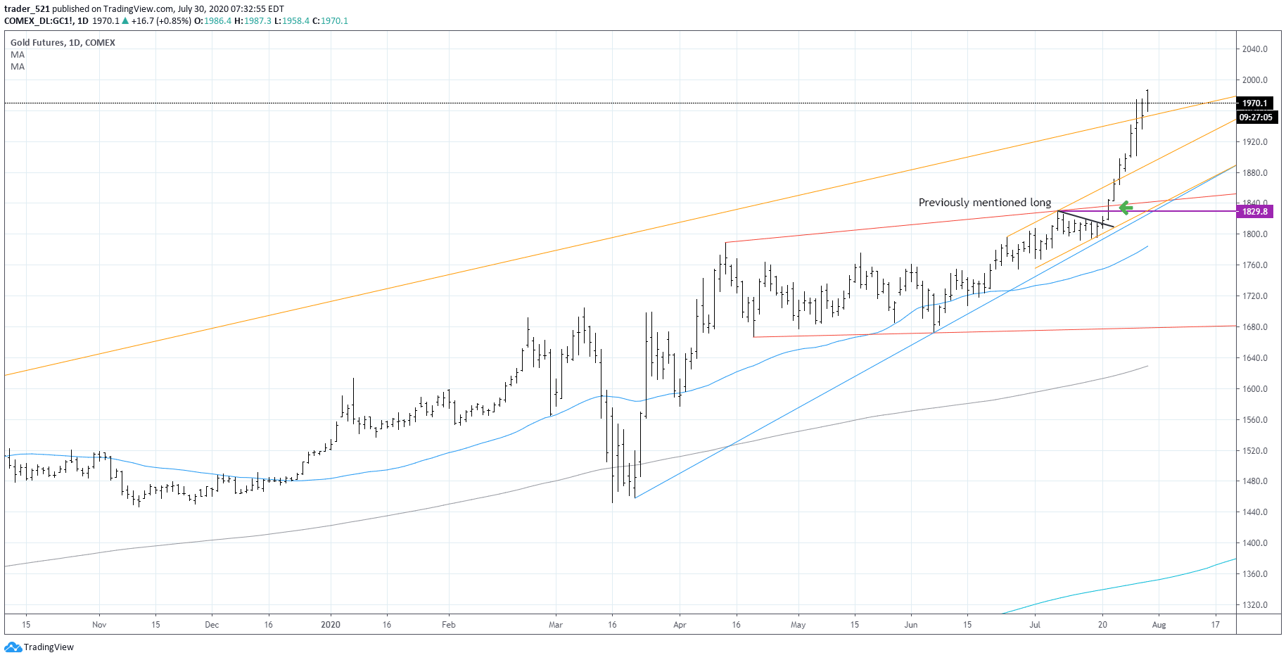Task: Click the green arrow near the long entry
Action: point(1125,208)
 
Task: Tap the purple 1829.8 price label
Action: point(1254,212)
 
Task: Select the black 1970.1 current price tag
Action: point(1254,103)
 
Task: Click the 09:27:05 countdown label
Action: point(1255,118)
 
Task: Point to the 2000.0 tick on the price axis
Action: point(1254,80)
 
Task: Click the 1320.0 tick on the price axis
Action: point(1254,605)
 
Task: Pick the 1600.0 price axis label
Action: point(1254,389)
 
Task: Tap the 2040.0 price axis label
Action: point(1254,49)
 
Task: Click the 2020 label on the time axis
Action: point(330,625)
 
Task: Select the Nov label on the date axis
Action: point(99,625)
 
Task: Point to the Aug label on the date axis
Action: point(1159,625)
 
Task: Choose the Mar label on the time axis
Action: point(556,625)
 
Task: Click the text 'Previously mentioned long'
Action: point(984,203)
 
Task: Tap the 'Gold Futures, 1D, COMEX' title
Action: point(63,43)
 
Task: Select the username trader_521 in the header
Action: point(27,9)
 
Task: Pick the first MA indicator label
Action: point(18,55)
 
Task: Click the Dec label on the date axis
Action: point(212,625)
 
